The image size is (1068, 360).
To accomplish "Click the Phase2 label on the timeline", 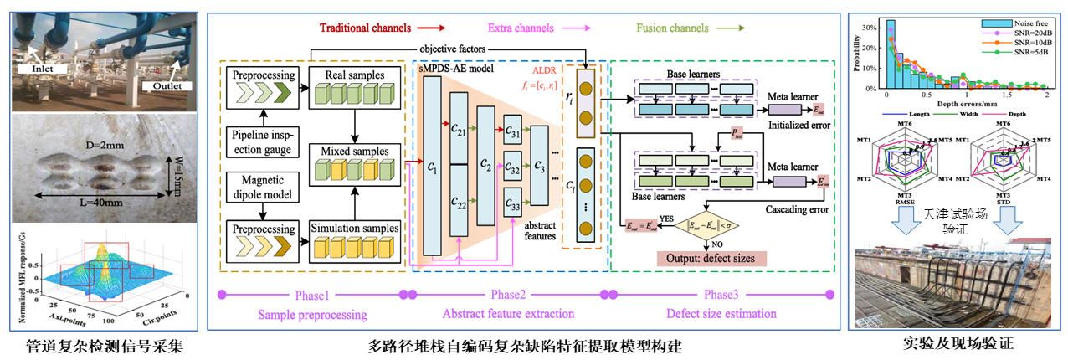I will click(x=506, y=295).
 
